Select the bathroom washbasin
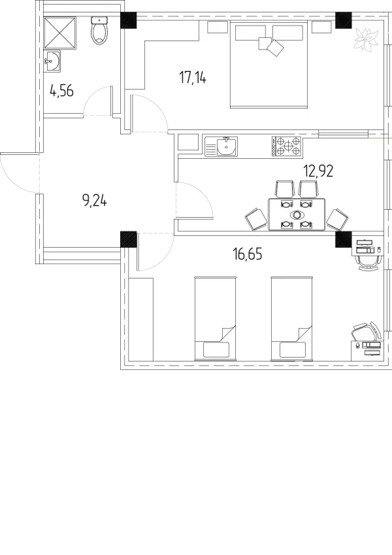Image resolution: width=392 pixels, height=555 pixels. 52,61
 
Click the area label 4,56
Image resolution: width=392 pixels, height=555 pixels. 61,91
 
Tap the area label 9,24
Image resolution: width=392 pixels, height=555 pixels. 95,201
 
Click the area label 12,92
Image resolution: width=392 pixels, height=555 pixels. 318,171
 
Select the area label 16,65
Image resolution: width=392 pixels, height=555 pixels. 248,254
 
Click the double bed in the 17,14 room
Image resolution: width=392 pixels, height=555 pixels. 269,65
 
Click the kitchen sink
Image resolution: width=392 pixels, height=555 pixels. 221,146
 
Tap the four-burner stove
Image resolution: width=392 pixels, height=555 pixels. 286,146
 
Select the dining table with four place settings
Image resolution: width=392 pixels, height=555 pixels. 297,214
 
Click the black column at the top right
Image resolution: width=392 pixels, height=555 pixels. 344,20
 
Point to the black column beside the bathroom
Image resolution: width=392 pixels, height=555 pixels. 129,20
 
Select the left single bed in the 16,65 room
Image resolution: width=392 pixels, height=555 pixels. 215,318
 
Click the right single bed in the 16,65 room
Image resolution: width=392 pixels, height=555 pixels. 292,318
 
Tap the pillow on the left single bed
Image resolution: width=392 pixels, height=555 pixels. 216,350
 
